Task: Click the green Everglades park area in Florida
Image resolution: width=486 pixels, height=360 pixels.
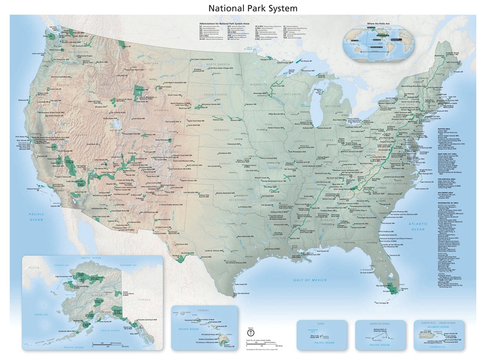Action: point(392,286)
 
